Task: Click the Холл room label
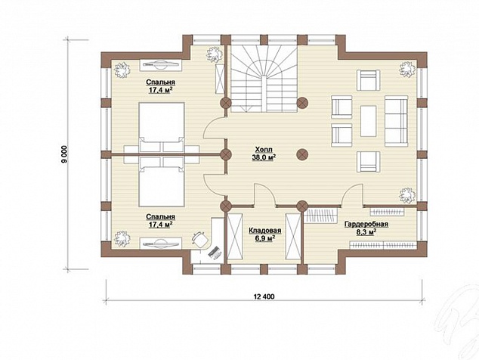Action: click(x=264, y=150)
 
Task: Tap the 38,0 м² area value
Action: click(x=264, y=157)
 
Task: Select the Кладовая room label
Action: click(x=265, y=231)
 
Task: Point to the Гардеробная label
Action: click(x=366, y=224)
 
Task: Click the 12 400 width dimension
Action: click(x=264, y=296)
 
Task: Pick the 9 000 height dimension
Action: click(x=64, y=154)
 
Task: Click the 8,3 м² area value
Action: click(x=366, y=232)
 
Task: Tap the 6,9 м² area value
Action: click(x=265, y=238)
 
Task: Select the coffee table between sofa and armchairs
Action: click(x=368, y=121)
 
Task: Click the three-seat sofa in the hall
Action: click(x=396, y=121)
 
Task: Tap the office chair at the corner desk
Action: click(x=199, y=239)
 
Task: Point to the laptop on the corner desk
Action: click(x=215, y=253)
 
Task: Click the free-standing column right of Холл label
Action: click(x=302, y=154)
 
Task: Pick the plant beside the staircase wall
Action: click(x=214, y=54)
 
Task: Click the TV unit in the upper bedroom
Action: click(x=161, y=65)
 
